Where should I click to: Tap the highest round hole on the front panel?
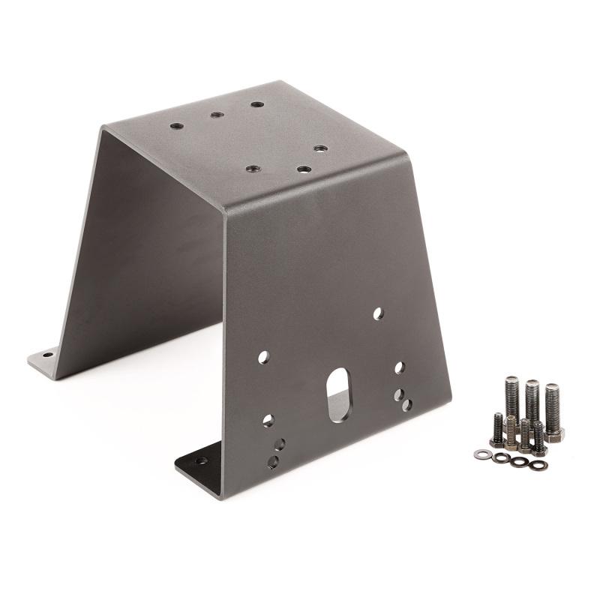[x=378, y=313]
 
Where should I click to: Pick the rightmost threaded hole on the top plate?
[x=319, y=149]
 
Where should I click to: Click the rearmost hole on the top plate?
[x=257, y=104]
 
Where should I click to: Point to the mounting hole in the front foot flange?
[x=201, y=461]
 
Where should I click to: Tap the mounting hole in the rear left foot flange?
[x=47, y=355]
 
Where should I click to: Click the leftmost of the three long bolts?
[x=512, y=398]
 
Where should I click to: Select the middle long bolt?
[x=532, y=401]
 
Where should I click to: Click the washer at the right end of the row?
[x=538, y=466]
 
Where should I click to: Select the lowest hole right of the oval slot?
[x=406, y=405]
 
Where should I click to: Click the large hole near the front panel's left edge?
[x=263, y=358]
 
